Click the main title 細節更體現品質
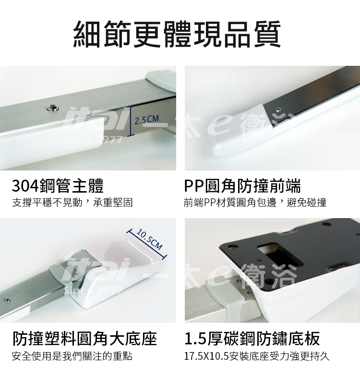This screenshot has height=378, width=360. [x=177, y=35]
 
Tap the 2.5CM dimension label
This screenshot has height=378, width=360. [x=146, y=120]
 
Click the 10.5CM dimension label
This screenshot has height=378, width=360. [x=149, y=239]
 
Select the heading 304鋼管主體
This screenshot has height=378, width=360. [x=58, y=186]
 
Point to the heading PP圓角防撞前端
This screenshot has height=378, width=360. [x=242, y=186]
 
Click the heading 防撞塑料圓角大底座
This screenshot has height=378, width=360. [x=84, y=339]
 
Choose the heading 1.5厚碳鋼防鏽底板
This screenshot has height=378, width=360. [x=252, y=339]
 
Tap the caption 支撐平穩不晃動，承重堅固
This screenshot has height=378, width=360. [x=72, y=203]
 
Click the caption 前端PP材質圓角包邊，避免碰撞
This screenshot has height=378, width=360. [x=255, y=203]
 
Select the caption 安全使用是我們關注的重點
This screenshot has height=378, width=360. [x=72, y=356]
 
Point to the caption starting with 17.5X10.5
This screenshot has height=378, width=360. [x=257, y=356]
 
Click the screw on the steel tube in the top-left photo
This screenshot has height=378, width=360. [x=53, y=108]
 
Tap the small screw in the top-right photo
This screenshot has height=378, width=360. [x=279, y=110]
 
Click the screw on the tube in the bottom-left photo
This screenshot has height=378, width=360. [x=8, y=301]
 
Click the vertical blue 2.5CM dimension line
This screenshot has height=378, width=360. [x=131, y=121]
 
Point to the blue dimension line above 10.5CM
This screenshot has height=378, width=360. [x=146, y=244]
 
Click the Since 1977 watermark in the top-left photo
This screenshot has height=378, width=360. [x=93, y=140]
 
